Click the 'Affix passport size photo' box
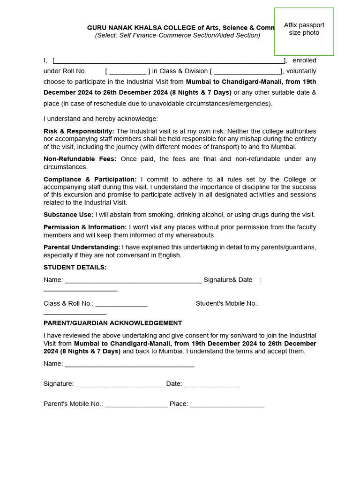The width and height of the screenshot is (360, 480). point(304,31)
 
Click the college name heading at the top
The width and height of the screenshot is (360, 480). point(180,28)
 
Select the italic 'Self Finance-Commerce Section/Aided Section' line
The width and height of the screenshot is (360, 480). point(177,35)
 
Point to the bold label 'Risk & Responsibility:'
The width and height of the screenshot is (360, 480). point(79,131)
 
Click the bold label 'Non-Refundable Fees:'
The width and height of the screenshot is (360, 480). point(80,159)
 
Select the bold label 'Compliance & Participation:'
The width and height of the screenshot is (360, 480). point(90,180)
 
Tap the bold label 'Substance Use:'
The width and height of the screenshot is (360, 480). point(68,215)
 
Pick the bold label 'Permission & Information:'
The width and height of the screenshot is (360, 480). point(85,227)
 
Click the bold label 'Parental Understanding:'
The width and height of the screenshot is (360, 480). point(82,247)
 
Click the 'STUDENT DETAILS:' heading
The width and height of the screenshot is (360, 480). point(75,267)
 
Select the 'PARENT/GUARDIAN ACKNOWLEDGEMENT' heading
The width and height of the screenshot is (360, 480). point(112,323)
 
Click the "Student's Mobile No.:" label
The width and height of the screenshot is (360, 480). point(227,303)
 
